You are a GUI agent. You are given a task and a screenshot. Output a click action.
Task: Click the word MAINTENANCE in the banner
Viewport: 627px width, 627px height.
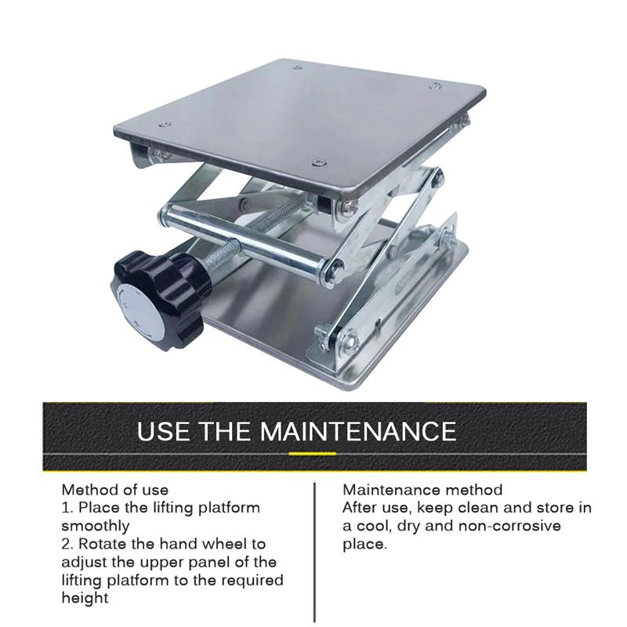[x=358, y=431]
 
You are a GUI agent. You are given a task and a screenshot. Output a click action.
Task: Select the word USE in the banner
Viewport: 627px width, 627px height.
[x=163, y=431]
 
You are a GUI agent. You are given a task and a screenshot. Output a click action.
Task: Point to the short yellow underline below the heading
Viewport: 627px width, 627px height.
[x=312, y=454]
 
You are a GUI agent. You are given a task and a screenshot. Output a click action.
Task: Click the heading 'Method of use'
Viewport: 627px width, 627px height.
[x=115, y=490]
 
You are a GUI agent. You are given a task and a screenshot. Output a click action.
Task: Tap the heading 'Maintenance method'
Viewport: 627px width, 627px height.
[x=422, y=490]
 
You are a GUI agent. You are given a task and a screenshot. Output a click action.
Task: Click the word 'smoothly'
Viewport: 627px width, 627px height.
[x=96, y=526]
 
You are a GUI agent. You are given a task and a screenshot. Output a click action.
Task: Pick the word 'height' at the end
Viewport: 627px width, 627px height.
[x=85, y=599]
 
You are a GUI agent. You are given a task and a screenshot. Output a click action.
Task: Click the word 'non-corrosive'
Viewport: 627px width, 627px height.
[x=510, y=526]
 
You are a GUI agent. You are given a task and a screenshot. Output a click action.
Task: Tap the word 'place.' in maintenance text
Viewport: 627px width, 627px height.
[x=365, y=545]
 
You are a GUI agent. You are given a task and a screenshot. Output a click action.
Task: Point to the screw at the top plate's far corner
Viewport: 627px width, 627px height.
[x=297, y=68]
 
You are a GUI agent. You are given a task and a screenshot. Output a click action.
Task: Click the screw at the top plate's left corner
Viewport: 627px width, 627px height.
[x=165, y=125]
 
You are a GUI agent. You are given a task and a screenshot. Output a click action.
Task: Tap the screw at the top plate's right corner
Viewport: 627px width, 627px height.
[x=436, y=85]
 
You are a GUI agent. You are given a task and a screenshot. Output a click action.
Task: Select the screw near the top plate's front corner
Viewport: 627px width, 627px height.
[x=319, y=162]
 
